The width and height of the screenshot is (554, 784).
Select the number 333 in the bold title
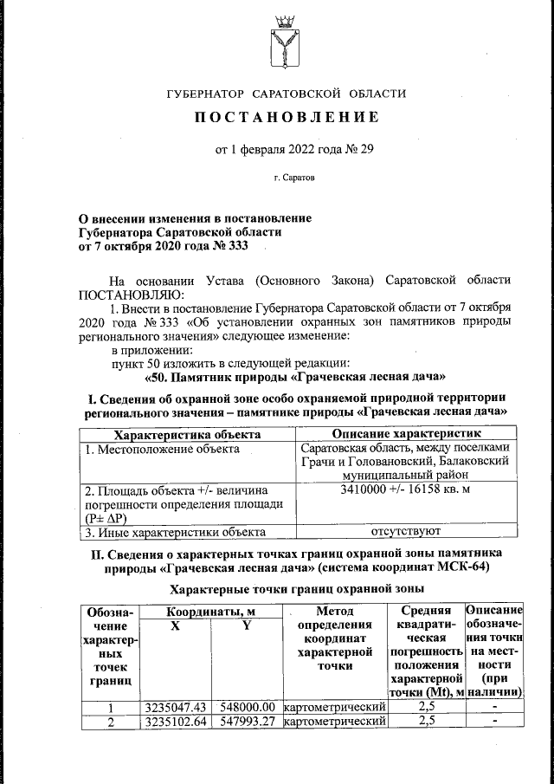pos(235,246)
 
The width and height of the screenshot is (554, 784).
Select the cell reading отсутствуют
pos(406,531)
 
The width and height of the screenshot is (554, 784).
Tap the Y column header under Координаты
pos(246,625)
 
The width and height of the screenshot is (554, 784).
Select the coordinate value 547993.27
pos(247,722)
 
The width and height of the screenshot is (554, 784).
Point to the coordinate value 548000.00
pos(247,708)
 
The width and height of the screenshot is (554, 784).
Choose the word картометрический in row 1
pos(334,708)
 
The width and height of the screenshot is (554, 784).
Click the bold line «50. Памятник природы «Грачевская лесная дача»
pos(294,377)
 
